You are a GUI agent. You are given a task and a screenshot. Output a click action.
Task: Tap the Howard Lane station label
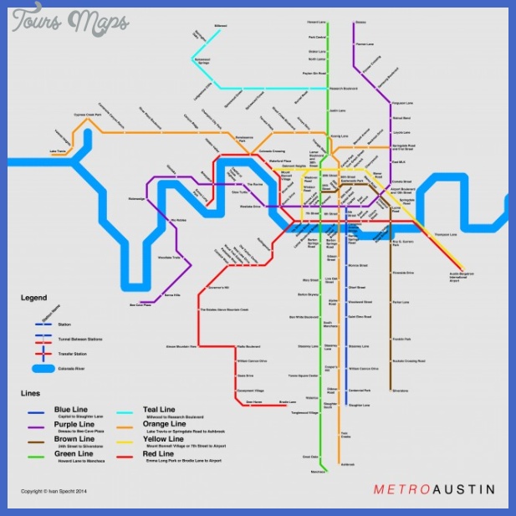[x=316, y=22]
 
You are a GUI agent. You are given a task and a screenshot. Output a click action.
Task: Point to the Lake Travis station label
[x=59, y=151]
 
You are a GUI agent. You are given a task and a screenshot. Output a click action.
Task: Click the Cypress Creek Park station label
[x=87, y=115]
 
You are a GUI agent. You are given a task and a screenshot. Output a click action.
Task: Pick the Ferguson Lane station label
[x=403, y=104]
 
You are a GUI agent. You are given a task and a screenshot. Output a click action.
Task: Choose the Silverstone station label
[x=401, y=390]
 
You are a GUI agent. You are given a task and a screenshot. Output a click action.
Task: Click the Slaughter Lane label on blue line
[x=360, y=405]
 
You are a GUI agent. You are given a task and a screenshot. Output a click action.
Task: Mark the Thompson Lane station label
[x=446, y=235]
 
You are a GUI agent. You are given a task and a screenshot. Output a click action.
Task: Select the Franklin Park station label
[x=401, y=339]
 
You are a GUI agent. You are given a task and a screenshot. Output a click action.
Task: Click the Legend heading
[x=34, y=298]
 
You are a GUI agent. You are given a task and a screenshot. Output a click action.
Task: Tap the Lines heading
[x=31, y=392]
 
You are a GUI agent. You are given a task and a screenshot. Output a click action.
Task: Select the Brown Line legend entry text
[x=74, y=438]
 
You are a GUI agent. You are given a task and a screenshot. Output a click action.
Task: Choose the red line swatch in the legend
[x=126, y=456]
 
